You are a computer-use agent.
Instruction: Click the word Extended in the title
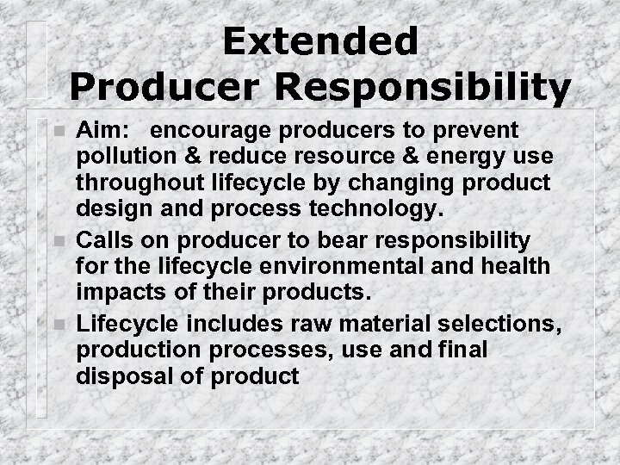(x=319, y=41)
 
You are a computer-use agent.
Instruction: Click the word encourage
(x=219, y=131)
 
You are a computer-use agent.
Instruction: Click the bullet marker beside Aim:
(x=57, y=132)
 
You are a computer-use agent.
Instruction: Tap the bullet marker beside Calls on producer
(x=57, y=239)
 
